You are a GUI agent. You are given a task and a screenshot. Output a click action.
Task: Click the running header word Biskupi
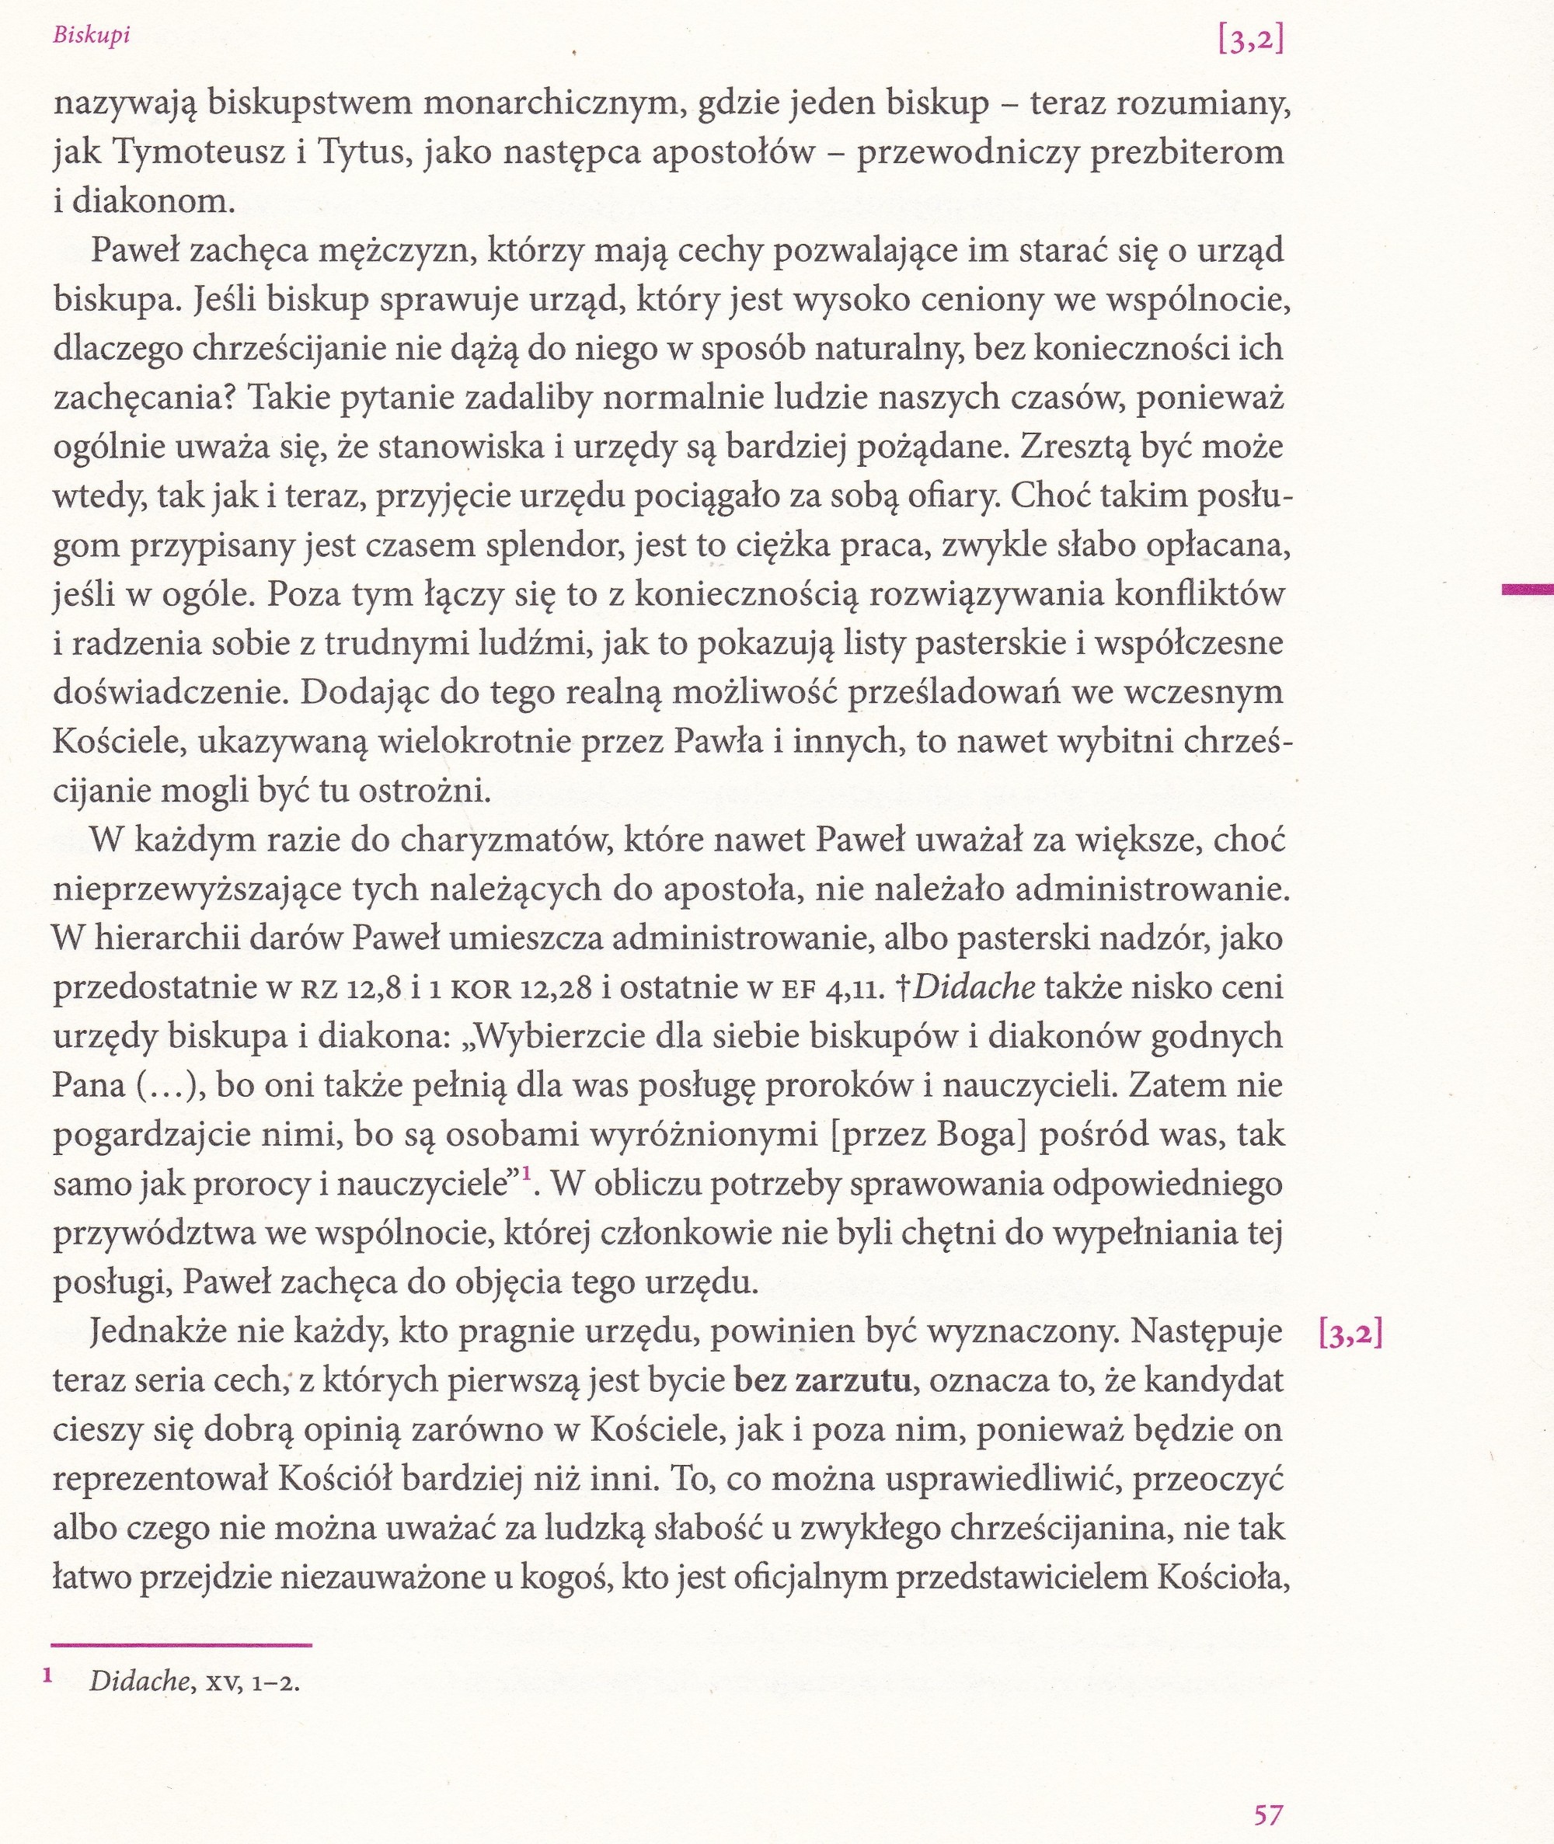[x=92, y=38]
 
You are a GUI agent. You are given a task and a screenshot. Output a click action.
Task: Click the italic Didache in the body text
[x=974, y=986]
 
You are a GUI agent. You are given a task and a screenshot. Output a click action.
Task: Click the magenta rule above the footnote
[x=182, y=1644]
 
